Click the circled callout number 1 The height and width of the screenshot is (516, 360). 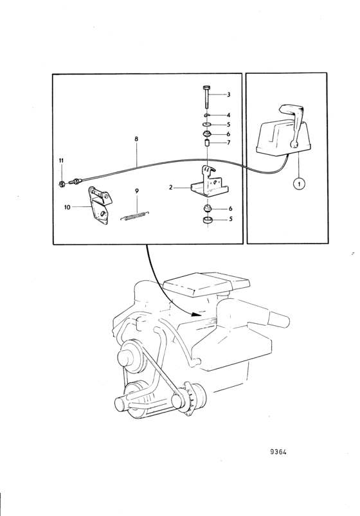point(299,184)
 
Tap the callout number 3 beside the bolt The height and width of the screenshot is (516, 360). point(229,94)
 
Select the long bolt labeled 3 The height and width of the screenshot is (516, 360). point(206,97)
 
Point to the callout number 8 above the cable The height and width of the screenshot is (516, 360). point(136,139)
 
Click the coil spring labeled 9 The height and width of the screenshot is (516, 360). point(135,216)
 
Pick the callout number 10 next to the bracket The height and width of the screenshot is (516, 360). point(67,208)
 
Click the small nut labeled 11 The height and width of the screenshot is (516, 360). point(62,184)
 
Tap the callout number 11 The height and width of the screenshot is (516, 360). point(61,161)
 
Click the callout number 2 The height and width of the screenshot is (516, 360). point(170,187)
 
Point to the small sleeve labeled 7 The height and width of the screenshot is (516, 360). point(206,143)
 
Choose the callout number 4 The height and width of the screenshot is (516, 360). point(229,115)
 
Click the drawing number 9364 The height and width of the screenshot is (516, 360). point(278,452)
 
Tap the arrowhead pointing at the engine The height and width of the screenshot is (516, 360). point(196,314)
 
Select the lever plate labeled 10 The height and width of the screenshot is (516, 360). point(99,206)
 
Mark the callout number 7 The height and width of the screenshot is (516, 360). point(229,143)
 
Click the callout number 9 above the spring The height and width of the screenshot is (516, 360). point(137,191)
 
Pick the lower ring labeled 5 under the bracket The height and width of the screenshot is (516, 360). point(208,220)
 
